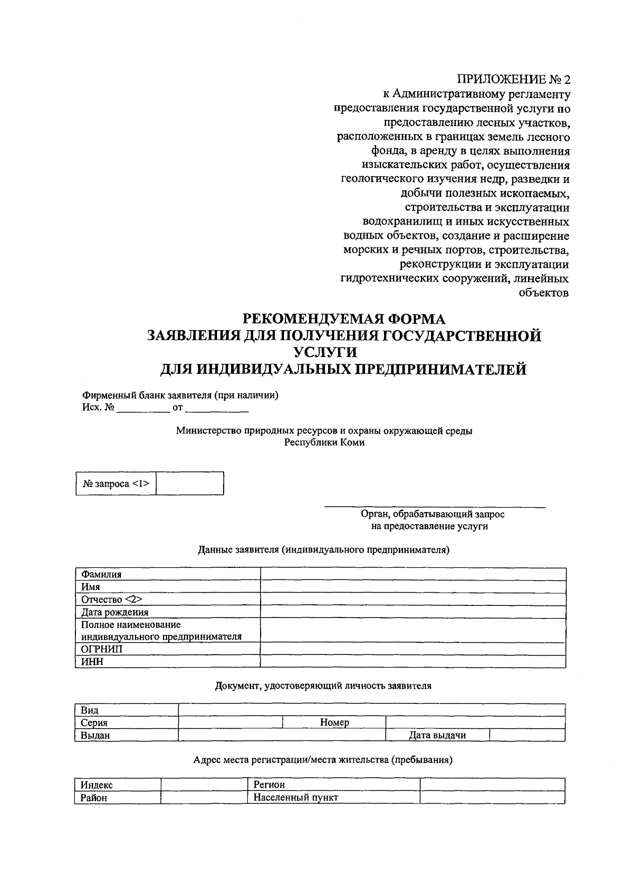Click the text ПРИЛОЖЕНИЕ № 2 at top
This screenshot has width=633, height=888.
point(513,80)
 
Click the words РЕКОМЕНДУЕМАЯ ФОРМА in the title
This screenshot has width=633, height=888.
point(343,319)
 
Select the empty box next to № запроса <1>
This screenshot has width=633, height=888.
point(190,484)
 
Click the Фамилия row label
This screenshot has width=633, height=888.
point(101,574)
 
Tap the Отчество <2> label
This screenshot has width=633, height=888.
point(112,600)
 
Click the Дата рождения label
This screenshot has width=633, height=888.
point(115,612)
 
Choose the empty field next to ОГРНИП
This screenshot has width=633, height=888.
point(413,649)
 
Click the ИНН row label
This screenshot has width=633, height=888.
point(92,662)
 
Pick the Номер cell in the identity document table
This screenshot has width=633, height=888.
point(334,722)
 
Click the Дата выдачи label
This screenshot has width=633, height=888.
point(437,735)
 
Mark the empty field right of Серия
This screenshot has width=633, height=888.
point(231,722)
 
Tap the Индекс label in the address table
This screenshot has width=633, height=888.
point(97,785)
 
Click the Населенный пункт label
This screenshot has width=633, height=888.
point(295,797)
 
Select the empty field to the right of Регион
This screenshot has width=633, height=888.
point(492,785)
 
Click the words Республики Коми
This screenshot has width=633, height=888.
point(324,443)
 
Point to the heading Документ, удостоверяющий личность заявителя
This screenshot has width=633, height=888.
point(323,686)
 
